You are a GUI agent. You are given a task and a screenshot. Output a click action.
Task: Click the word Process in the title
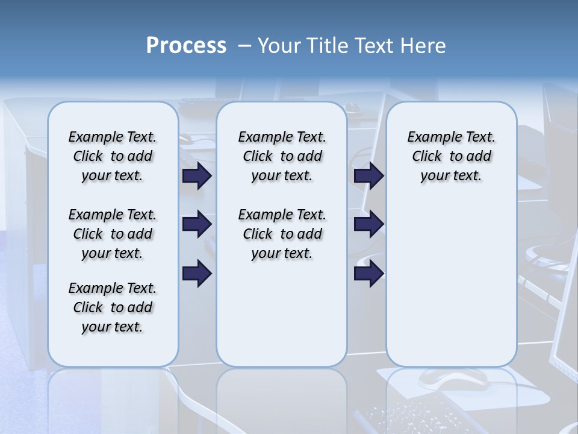tap(186, 46)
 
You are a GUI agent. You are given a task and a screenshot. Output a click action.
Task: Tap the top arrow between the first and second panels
tap(197, 175)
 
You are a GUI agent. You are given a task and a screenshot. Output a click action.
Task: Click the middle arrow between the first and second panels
tap(197, 225)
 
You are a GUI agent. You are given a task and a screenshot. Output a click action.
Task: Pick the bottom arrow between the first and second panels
tap(197, 274)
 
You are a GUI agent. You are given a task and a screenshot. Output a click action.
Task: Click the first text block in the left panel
tap(113, 156)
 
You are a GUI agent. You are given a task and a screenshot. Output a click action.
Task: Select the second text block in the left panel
tap(113, 234)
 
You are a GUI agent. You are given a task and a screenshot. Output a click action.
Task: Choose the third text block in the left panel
tap(113, 307)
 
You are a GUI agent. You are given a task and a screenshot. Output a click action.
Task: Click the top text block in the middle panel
tap(282, 156)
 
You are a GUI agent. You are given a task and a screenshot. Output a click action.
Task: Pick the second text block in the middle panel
tap(282, 234)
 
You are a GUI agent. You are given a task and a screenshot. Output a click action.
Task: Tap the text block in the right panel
tap(452, 156)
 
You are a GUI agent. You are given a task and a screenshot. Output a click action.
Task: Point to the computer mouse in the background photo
tap(453, 378)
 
